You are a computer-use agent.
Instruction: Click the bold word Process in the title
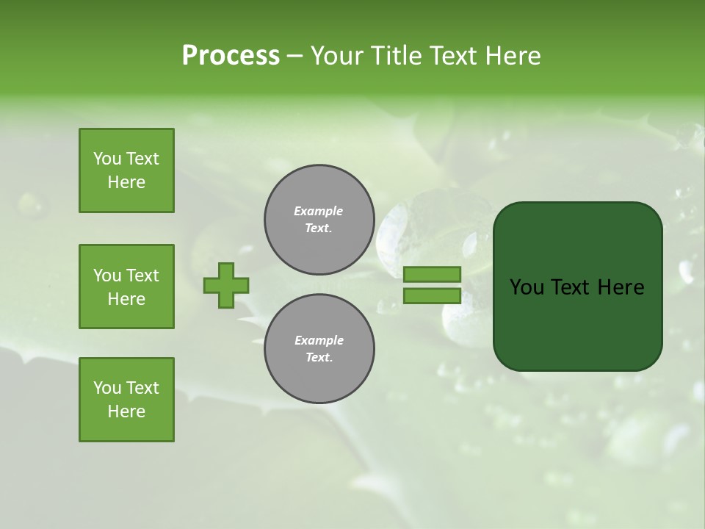[x=231, y=56]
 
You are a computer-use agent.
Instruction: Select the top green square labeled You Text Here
[x=126, y=170]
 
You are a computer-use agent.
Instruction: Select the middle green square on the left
[x=126, y=287]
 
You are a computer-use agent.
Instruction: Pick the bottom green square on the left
[x=126, y=400]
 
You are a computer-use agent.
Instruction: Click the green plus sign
[x=226, y=285]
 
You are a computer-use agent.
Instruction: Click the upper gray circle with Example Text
[x=319, y=220]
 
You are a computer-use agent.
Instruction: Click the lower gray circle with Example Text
[x=319, y=348]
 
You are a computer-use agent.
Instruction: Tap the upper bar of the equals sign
[x=432, y=274]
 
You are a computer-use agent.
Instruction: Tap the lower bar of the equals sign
[x=432, y=295]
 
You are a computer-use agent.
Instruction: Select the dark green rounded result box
[x=577, y=323]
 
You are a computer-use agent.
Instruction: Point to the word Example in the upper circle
[x=319, y=211]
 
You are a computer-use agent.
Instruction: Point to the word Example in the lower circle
[x=319, y=340]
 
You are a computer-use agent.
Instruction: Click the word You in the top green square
[x=107, y=159]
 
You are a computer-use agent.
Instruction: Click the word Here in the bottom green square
[x=126, y=411]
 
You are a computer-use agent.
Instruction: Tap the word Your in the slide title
[x=336, y=56]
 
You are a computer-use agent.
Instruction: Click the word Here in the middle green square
[x=126, y=299]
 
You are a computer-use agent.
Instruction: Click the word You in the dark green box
[x=527, y=287]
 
